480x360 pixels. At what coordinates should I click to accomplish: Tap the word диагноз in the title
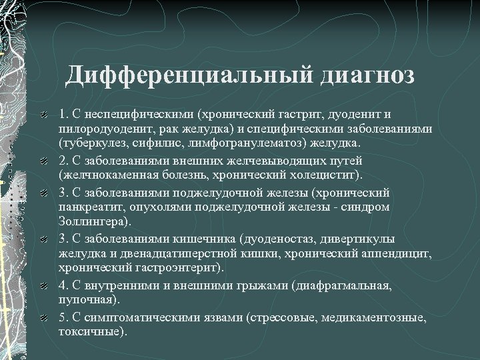pyautogui.click(x=367, y=75)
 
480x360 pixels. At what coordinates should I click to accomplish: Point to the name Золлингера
pyautogui.click(x=91, y=221)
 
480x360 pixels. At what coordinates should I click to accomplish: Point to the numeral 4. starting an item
pyautogui.click(x=64, y=285)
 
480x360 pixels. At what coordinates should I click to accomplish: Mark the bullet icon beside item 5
pyautogui.click(x=43, y=318)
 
